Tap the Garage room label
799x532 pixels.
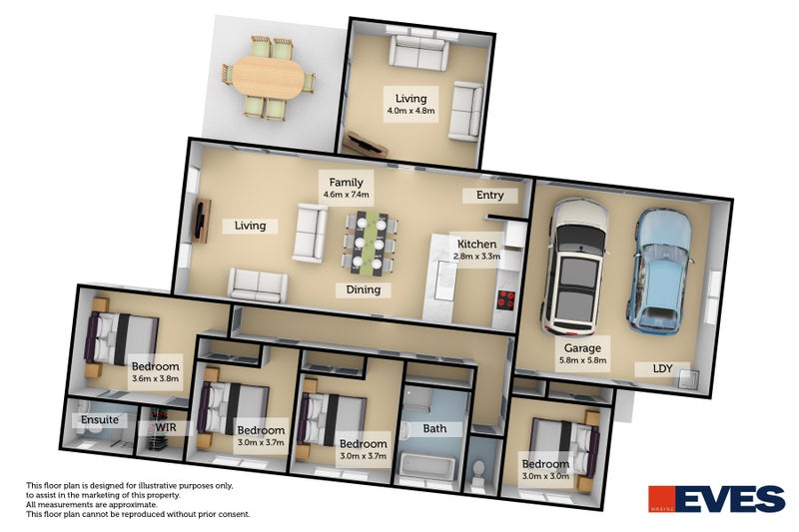tap(583, 348)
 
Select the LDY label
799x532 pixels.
tap(662, 369)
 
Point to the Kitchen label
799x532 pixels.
tap(476, 245)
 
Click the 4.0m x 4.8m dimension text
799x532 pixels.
tap(410, 112)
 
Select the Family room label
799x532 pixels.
tap(346, 182)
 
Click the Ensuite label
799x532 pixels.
tap(100, 420)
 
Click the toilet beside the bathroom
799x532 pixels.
tap(480, 469)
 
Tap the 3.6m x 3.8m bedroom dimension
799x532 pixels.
tap(155, 379)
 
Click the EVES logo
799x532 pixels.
tap(716, 498)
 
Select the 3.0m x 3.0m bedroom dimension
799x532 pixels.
tap(545, 476)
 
